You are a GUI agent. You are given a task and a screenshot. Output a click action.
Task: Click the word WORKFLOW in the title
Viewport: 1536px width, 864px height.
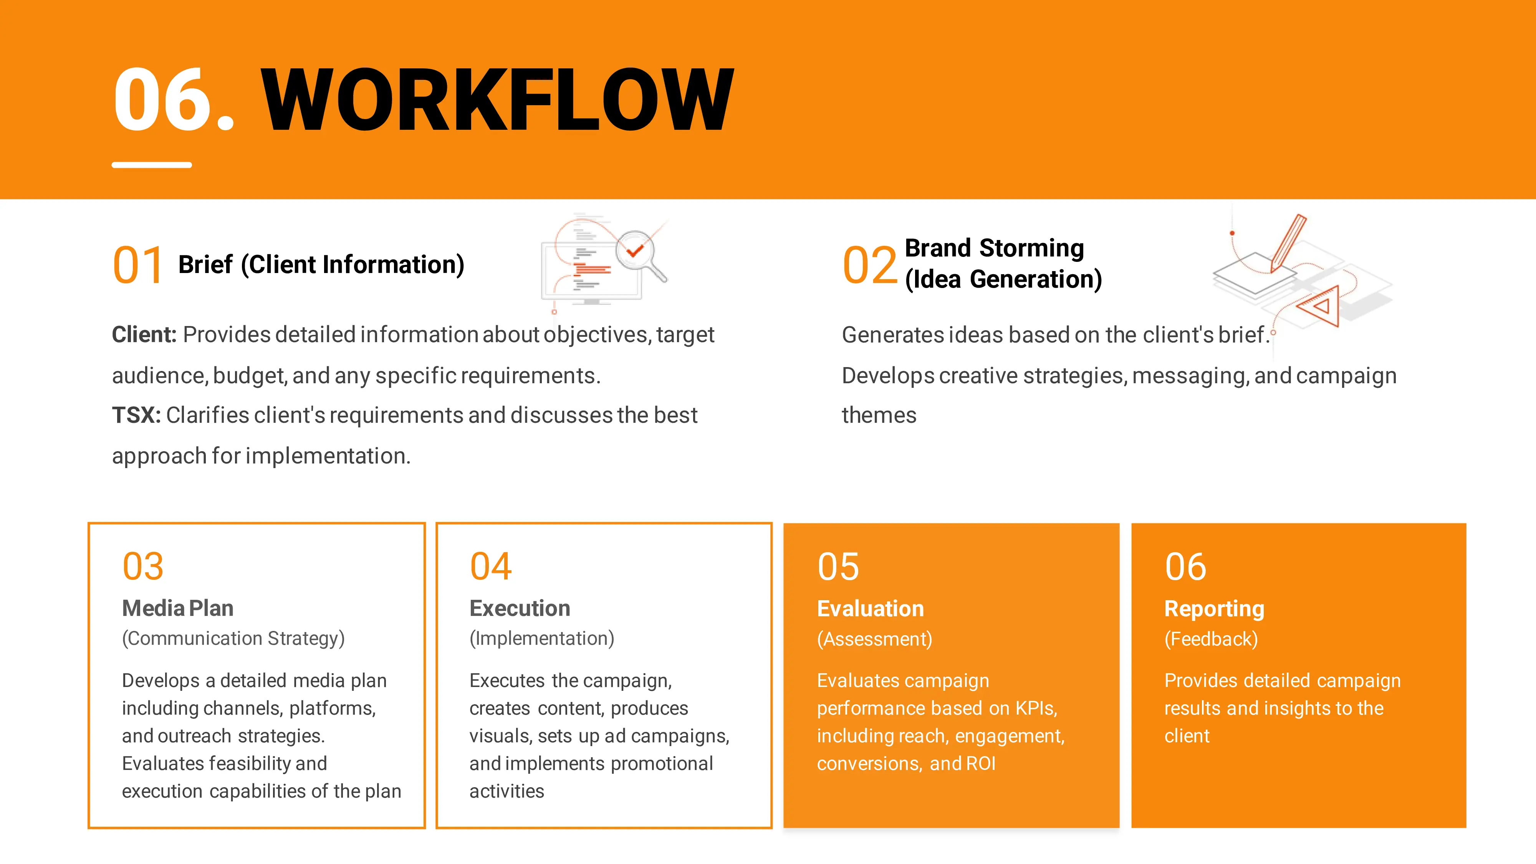click(x=497, y=99)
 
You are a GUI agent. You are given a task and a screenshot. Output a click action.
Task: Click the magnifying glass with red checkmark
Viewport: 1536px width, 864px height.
click(x=639, y=255)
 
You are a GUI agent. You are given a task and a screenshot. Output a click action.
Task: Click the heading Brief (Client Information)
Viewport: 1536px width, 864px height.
click(x=321, y=265)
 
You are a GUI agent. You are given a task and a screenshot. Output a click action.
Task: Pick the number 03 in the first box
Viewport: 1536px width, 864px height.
click(x=143, y=566)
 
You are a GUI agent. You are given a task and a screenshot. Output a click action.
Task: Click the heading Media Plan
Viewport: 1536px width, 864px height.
click(x=178, y=608)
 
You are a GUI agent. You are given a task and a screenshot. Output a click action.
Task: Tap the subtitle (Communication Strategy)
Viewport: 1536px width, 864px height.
click(x=233, y=639)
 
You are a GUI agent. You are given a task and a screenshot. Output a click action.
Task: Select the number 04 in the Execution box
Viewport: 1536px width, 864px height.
click(x=491, y=566)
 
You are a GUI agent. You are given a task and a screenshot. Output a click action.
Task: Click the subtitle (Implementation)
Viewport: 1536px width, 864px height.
click(x=541, y=639)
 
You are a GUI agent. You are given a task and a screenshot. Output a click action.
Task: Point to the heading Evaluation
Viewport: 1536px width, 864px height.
click(x=871, y=609)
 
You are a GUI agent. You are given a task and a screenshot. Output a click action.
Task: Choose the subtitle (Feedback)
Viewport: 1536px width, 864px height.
click(x=1211, y=639)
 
